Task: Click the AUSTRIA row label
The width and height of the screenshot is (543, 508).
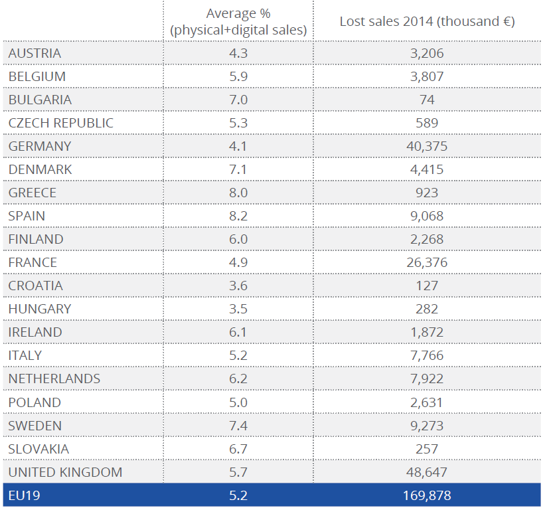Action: coord(35,53)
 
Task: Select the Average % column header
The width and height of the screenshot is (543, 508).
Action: coord(238,22)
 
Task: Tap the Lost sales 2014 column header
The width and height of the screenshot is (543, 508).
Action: coord(427,21)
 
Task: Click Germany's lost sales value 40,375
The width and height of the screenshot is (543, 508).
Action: coord(427,146)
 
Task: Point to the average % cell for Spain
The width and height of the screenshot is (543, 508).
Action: coord(238,216)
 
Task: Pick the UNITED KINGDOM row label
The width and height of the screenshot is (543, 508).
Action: coord(65,472)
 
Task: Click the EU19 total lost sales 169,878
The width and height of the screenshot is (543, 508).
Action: coord(427,495)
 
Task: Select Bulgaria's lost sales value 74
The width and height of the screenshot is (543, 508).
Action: coord(427,100)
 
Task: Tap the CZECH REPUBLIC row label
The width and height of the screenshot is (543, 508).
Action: coord(61,123)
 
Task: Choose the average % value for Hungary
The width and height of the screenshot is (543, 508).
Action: coord(238,309)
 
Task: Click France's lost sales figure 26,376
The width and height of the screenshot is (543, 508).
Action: coord(427,262)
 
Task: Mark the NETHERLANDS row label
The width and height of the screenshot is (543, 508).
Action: coord(54,379)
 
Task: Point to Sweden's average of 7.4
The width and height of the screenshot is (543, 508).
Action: coord(238,426)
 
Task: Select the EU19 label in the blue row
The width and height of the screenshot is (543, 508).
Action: coord(25,495)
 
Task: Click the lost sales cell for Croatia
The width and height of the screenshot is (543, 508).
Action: coord(427,286)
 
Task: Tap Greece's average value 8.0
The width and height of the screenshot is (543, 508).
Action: coord(238,193)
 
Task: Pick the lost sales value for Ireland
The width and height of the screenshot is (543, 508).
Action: coord(427,332)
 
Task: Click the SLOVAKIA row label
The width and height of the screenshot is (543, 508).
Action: coord(39,449)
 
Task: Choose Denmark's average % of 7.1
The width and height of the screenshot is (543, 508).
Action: coord(238,169)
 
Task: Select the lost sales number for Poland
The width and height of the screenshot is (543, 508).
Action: coord(427,402)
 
